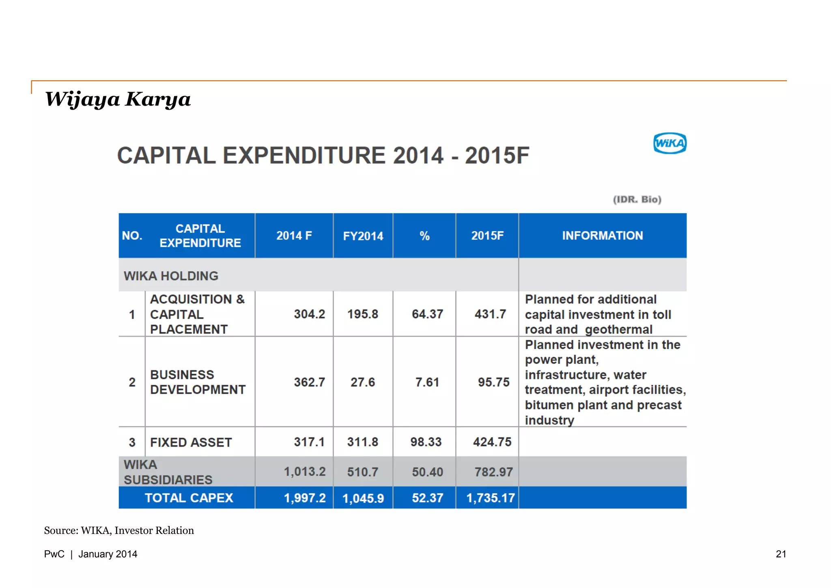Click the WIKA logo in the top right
point(670,143)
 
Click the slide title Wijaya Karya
point(118,99)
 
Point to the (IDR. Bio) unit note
point(637,199)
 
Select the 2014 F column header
point(294,236)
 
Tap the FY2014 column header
point(363,236)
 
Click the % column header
point(424,236)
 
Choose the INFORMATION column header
point(603,236)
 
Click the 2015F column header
point(487,236)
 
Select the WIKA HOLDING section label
point(171,276)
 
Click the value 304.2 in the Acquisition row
point(310,314)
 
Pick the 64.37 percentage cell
point(427,314)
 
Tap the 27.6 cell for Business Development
point(363,382)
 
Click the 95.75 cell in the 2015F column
point(493,382)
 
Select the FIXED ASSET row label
point(191,442)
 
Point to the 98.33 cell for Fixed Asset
point(426,442)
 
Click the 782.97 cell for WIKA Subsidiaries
point(493,472)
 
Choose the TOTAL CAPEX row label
point(189,498)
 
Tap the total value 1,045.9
point(363,498)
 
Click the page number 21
point(781,554)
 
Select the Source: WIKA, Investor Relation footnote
point(119,531)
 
